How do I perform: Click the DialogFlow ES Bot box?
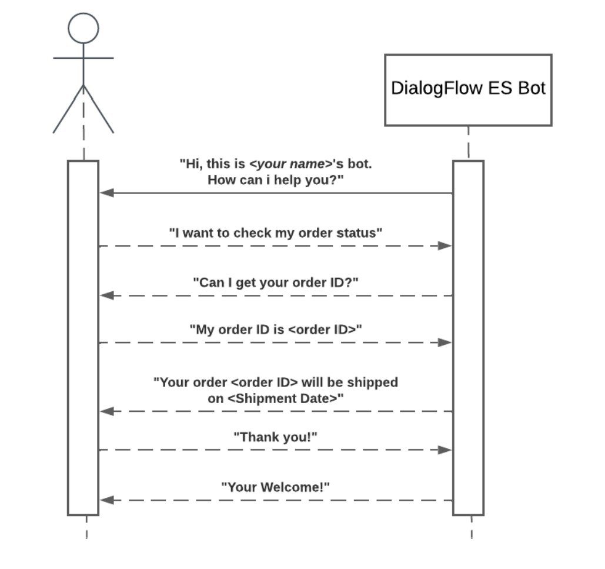tap(468, 90)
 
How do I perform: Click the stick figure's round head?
tap(83, 28)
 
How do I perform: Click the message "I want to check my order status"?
tap(276, 232)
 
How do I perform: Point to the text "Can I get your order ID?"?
tap(276, 282)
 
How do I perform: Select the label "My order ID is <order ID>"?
tap(276, 329)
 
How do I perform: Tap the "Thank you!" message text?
tap(276, 437)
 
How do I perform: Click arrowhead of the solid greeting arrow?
tap(106, 192)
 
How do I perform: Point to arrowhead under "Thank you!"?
tap(445, 450)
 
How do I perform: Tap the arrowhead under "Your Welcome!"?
tap(106, 500)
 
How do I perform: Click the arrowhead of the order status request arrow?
tap(445, 245)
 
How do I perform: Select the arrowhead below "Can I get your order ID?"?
tap(106, 295)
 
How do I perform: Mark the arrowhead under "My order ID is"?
tap(445, 342)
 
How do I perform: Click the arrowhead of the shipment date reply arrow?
tap(106, 411)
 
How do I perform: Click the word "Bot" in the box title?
tap(532, 88)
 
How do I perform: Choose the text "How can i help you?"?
tap(276, 179)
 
